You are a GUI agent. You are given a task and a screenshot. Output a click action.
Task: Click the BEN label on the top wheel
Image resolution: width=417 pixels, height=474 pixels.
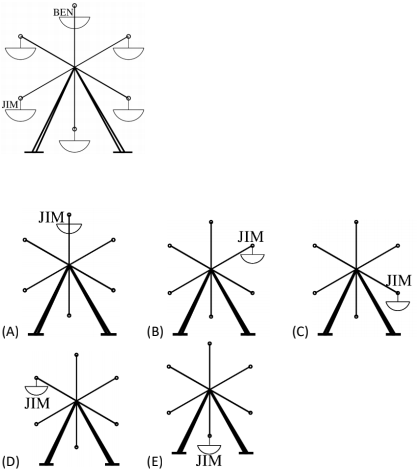pos(63,13)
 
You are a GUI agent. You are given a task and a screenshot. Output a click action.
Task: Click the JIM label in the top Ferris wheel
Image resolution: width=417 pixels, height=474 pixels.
pos(10,105)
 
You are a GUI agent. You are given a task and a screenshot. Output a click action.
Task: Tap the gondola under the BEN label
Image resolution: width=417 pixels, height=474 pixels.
pos(75,22)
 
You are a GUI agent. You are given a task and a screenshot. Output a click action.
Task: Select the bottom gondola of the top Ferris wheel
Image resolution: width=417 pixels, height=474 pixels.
pos(75,146)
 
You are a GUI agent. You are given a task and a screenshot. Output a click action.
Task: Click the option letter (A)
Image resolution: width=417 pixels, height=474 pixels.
pos(10,332)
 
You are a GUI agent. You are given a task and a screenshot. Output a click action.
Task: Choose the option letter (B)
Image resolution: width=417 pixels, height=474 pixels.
pos(155,332)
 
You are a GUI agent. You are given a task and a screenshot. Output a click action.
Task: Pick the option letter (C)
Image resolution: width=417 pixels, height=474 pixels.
pos(300,332)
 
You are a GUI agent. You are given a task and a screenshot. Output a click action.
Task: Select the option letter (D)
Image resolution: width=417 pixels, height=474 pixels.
pos(11,462)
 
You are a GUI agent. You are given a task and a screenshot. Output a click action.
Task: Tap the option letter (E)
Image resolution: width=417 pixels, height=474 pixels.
pos(155,462)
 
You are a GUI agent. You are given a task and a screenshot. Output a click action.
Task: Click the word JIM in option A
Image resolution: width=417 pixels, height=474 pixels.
pos(51,218)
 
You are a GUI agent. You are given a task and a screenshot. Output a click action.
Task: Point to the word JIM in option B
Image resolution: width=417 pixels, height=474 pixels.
pos(251,237)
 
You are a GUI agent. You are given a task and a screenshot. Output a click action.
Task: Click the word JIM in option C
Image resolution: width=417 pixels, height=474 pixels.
pos(399,281)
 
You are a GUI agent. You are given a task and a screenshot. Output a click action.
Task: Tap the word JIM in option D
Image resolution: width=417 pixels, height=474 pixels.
pos(37,404)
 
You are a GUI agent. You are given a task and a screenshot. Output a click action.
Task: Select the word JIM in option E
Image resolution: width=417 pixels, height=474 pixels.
pos(209,461)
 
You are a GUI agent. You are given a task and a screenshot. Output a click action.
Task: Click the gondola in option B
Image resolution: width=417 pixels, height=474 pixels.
pos(252,259)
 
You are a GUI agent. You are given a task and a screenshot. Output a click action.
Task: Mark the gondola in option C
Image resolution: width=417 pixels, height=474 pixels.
pos(398,306)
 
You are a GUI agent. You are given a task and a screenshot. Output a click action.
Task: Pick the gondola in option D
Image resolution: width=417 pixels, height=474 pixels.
pos(37,391)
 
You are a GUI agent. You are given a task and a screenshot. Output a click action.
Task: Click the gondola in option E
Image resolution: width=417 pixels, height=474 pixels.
pos(209,450)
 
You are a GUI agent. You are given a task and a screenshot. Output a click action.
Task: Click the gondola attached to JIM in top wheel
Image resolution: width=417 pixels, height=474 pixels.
pos(20,115)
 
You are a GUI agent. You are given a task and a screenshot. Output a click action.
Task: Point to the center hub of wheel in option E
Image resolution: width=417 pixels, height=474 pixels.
pos(209,389)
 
